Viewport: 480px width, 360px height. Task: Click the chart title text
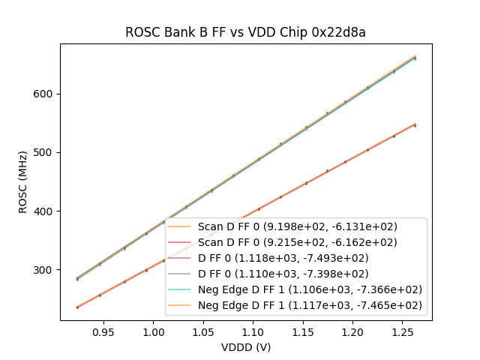point(245,32)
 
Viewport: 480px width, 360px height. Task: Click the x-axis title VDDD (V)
point(245,347)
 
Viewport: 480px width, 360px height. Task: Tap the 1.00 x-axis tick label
point(153,331)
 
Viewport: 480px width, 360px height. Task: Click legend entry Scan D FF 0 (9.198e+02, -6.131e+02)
point(297,226)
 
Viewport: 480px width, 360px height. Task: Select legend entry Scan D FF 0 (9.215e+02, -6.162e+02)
point(297,242)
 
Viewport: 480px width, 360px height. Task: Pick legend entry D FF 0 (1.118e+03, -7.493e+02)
point(297,258)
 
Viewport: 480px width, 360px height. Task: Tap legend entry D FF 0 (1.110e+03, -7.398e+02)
point(297,274)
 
